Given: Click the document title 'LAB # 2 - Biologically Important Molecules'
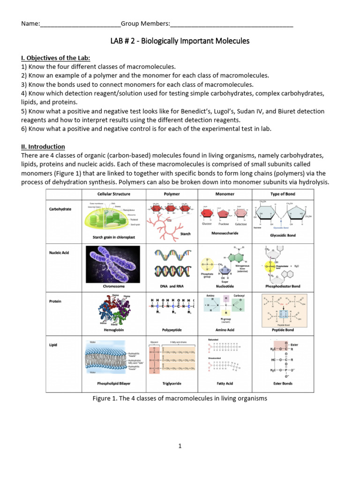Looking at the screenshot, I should (x=180, y=41).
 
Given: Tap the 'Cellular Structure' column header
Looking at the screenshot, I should (x=114, y=194).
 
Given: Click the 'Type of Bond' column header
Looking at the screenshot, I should (x=283, y=194).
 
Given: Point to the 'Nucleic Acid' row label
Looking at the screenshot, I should (x=59, y=253).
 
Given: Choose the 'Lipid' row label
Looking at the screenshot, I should (x=53, y=345).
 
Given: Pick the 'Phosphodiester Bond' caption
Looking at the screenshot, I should (x=283, y=286).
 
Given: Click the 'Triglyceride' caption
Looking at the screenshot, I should (x=172, y=383).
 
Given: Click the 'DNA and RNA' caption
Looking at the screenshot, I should (x=172, y=286).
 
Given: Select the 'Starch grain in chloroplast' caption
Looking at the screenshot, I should (x=114, y=238).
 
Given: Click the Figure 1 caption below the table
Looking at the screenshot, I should (x=180, y=398).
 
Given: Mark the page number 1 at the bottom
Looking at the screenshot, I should (x=180, y=446).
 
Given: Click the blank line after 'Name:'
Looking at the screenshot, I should (x=80, y=24).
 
